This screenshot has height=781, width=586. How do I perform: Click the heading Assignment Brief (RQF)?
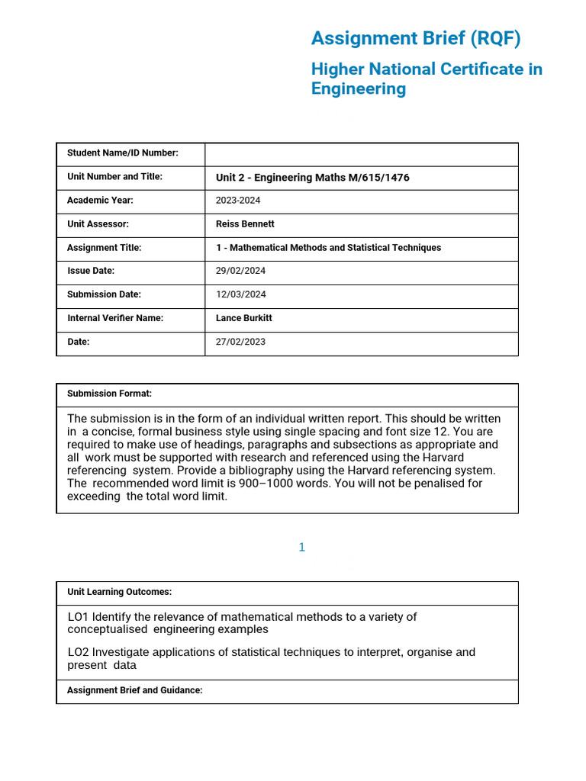click(416, 39)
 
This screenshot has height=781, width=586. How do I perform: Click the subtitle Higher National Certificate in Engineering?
click(427, 79)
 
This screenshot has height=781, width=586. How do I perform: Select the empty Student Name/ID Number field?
click(361, 154)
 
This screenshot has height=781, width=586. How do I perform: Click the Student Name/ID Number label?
click(122, 153)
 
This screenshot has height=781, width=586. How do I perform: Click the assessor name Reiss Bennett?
click(245, 224)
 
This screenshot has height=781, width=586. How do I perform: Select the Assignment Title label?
click(104, 248)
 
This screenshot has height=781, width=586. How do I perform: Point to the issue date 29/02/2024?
click(240, 271)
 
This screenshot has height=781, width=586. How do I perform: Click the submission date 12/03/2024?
click(240, 294)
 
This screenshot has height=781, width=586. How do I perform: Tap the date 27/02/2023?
click(240, 342)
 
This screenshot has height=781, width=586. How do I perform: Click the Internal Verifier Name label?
click(115, 318)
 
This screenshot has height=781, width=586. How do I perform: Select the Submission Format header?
click(109, 394)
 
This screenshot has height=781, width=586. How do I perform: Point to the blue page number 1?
click(302, 547)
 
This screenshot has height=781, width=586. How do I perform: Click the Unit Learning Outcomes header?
click(119, 592)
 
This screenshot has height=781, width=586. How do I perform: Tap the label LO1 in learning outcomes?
click(78, 617)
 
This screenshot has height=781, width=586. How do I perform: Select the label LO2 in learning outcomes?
click(78, 652)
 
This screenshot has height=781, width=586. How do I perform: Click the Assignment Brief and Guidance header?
click(134, 690)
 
